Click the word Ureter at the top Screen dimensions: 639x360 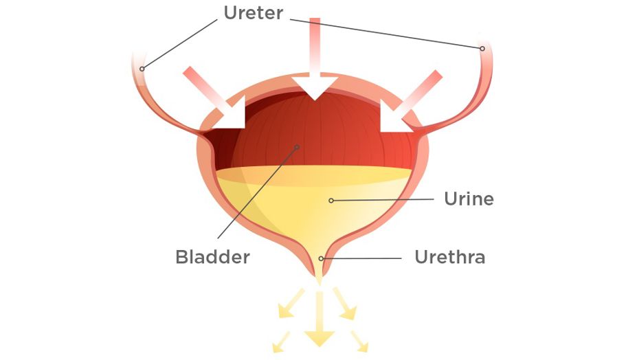(x=253, y=12)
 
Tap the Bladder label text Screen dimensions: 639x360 (x=212, y=257)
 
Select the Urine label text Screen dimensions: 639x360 (x=469, y=199)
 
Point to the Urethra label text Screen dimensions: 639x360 (x=450, y=257)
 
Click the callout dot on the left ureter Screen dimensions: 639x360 (x=142, y=69)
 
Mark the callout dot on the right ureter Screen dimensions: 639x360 (x=482, y=49)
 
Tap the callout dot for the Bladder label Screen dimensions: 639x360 (x=297, y=147)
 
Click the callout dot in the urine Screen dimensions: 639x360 (x=331, y=201)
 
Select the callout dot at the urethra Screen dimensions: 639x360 (x=321, y=258)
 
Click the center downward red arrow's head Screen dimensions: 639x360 (x=315, y=87)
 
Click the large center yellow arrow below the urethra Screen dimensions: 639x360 (x=319, y=319)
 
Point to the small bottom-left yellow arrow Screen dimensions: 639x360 (x=281, y=342)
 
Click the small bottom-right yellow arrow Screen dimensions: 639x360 (x=359, y=341)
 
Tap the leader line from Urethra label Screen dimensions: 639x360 (x=362, y=258)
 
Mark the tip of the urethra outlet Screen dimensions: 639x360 (x=319, y=284)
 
